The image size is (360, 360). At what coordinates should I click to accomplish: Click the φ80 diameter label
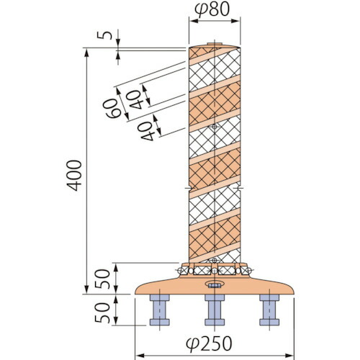212,9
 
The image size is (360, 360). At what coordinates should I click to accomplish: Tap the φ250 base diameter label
209,343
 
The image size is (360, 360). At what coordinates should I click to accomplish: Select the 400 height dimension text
74,176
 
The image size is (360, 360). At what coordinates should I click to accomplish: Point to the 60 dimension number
112,109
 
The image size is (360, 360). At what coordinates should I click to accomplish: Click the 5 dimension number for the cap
104,35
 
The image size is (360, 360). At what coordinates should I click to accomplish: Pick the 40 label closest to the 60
135,99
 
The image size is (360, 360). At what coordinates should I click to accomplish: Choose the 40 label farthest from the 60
147,131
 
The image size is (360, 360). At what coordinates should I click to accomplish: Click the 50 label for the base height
102,279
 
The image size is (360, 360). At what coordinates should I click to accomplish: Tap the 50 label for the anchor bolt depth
102,312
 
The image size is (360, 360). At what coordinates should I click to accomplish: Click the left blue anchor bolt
160,310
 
